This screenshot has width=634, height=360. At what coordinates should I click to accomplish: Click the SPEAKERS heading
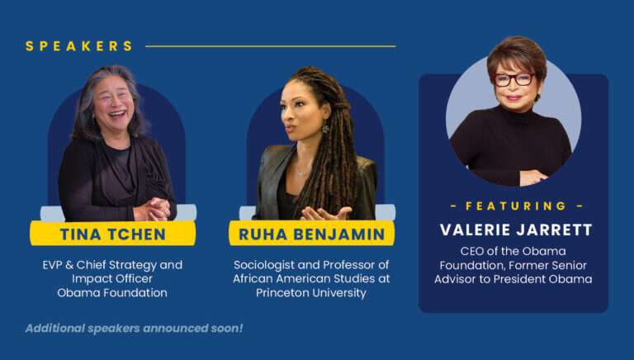79,46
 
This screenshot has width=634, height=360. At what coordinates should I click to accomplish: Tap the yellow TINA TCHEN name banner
114,234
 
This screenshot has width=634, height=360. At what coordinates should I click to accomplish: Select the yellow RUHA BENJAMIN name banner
311,234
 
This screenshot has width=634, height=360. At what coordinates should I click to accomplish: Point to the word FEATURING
516,206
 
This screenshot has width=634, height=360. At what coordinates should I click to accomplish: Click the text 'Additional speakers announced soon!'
134,328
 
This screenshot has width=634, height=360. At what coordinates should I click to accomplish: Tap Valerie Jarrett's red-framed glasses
513,79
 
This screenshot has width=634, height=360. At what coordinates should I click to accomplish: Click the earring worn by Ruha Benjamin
324,129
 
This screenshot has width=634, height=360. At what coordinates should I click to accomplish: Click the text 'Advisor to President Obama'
513,279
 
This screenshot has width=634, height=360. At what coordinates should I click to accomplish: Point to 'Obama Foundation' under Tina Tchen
113,293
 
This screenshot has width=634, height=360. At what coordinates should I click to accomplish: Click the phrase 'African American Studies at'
311,279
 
